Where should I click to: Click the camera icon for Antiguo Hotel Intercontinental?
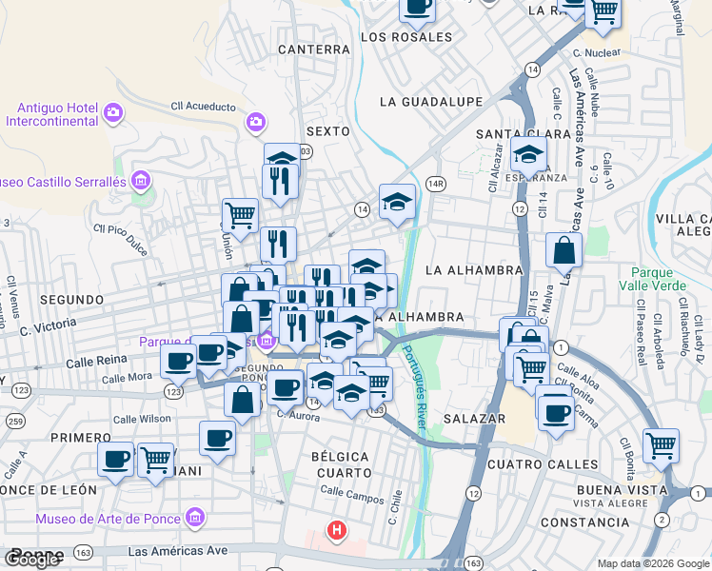click(113, 114)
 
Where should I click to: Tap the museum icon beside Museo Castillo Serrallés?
click(141, 180)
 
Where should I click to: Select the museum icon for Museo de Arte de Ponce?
click(195, 519)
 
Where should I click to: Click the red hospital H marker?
click(335, 531)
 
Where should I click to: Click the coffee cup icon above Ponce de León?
click(116, 460)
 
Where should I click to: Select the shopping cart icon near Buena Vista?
click(660, 443)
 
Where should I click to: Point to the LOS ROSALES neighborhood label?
click(406, 37)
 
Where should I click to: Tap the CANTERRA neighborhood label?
click(314, 49)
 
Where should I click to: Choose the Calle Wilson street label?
click(142, 418)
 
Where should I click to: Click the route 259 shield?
click(15, 420)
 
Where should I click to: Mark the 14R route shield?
click(437, 184)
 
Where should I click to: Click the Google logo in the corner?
click(30, 559)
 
